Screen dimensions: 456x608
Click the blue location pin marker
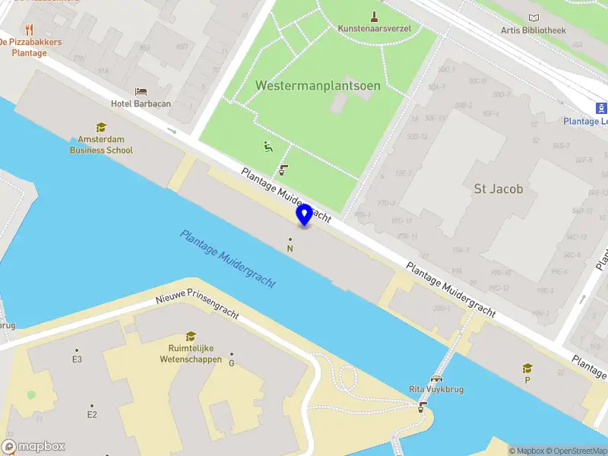304,214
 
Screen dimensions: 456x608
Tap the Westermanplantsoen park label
318,85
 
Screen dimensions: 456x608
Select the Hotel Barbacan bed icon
141,92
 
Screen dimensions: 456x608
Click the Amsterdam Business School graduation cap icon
101,128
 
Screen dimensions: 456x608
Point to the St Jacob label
498,188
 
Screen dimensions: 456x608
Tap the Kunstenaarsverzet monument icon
374,16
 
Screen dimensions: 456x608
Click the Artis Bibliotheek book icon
534,18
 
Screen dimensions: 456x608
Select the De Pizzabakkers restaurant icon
30,30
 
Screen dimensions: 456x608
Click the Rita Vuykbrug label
436,389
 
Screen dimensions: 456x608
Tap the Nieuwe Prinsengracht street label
198,308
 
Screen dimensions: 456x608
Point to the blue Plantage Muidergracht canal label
228,258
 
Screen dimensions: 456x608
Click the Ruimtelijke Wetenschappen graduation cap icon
191,337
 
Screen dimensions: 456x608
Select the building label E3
77,359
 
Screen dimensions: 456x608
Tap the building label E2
92,414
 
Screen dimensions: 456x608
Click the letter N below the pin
290,249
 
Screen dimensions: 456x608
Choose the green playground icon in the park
268,147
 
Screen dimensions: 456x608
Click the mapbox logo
33,447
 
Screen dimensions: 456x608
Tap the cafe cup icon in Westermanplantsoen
283,169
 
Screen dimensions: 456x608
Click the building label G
231,363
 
